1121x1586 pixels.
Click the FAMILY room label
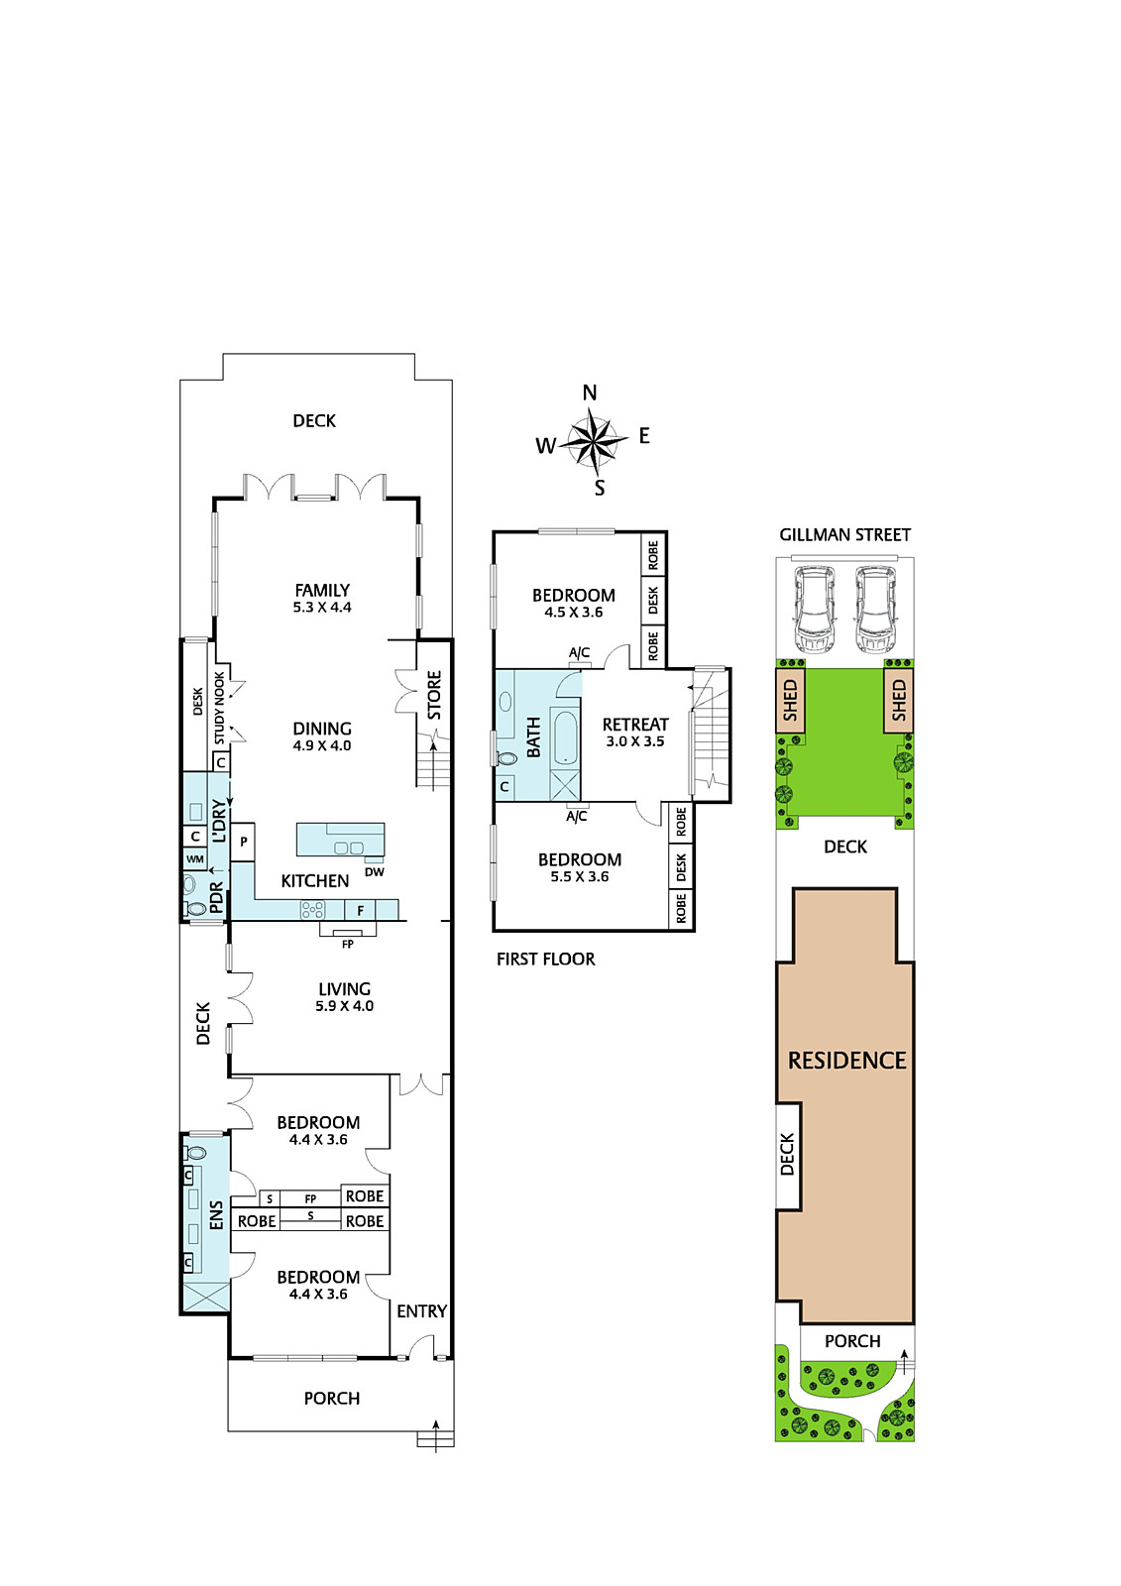(x=322, y=590)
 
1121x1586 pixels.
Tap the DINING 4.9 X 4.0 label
(x=322, y=736)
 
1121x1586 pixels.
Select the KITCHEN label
(x=315, y=881)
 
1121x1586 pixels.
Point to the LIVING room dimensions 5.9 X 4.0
(x=344, y=1005)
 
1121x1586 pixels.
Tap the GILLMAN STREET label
(x=844, y=534)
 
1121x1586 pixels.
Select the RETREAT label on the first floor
(x=635, y=725)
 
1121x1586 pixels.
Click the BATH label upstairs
(x=534, y=736)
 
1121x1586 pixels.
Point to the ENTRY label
(x=421, y=1311)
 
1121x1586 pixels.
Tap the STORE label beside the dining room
(x=434, y=695)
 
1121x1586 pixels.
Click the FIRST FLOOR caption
(x=545, y=959)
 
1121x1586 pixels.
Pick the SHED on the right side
(x=899, y=700)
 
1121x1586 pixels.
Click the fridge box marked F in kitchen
(x=361, y=910)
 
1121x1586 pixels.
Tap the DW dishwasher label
(x=375, y=872)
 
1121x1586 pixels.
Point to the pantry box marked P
(x=243, y=842)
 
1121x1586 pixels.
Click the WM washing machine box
(x=194, y=859)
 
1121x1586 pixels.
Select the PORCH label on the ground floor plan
(x=332, y=1399)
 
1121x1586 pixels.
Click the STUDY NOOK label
(x=219, y=708)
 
